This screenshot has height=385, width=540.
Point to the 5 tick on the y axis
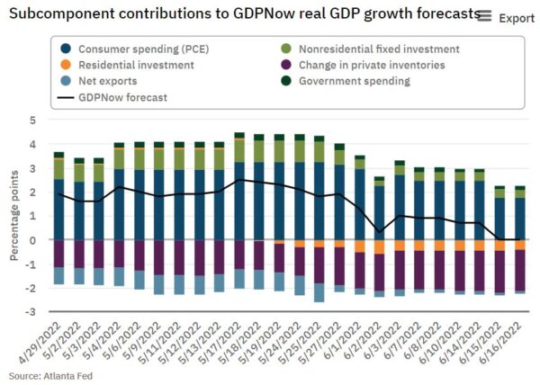tap(32, 120)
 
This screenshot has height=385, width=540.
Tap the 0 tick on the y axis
tap(32, 240)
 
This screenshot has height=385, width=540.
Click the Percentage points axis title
tap(14, 217)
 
